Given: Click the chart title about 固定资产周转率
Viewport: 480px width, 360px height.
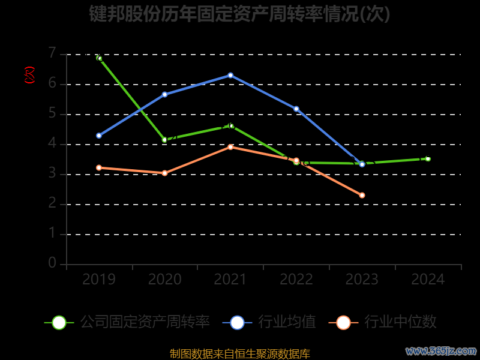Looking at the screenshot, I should coord(239,14).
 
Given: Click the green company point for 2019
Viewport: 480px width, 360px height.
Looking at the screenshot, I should coord(100,58).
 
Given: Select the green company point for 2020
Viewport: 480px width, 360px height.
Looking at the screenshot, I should coord(164,140).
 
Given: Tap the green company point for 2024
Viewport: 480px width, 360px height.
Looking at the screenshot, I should coord(428,158).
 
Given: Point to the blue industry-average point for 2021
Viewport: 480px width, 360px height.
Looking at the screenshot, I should coord(230,75).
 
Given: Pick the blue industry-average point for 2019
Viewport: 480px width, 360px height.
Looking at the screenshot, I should coord(99,136).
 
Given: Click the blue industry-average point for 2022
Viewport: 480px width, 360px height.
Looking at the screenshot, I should coord(296,109).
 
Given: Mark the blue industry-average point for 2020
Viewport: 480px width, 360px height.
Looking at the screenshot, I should coord(164,94).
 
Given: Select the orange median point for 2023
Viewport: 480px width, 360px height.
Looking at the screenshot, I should coord(362,195).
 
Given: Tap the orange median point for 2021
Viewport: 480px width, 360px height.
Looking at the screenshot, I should coord(230,146).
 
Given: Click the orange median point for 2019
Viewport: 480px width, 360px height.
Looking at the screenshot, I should coord(99,167).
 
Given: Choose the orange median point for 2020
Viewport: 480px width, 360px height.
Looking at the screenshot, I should coord(164,173).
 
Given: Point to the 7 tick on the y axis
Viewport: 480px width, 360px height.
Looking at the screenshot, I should coord(52,53).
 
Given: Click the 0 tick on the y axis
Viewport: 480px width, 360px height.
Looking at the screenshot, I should coord(52,263).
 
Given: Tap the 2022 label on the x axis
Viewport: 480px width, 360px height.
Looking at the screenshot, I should coord(296,280).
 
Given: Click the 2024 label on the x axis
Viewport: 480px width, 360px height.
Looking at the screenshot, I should coord(428,280).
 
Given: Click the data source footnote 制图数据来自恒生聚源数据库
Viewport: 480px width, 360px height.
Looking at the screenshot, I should coord(239,353).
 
